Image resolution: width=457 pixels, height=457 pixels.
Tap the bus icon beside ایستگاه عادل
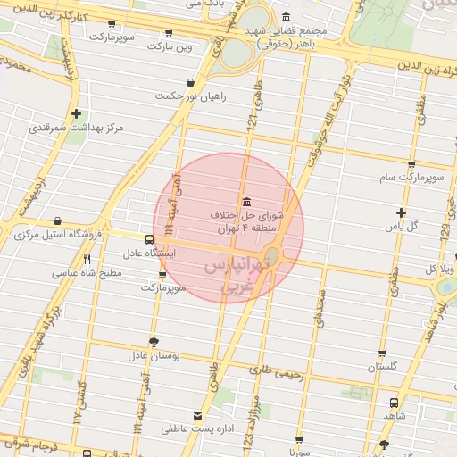(149, 238)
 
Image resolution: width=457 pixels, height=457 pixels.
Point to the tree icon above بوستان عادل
(154, 342)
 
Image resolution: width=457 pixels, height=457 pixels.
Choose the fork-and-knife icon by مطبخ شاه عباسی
(87, 260)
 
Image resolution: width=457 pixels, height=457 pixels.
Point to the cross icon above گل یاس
(401, 212)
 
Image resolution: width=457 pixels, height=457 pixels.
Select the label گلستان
(382, 367)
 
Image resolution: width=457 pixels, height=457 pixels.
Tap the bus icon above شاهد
(394, 403)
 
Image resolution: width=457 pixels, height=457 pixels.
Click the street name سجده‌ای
(320, 312)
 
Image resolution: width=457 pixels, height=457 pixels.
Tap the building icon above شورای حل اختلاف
(246, 200)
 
